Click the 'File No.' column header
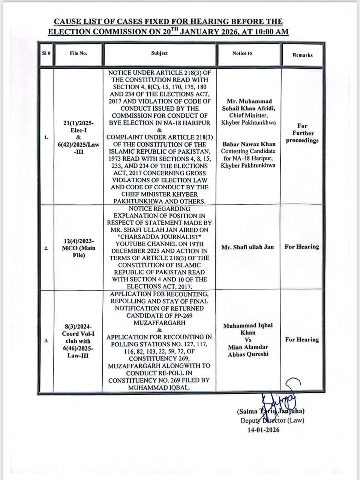pos(78,53)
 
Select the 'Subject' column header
pos(159,53)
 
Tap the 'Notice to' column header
pos(242,53)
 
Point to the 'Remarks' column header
pos(302,55)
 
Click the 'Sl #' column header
pos(46,53)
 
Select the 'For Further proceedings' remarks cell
pos(302,133)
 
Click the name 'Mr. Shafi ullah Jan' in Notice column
pos(247,247)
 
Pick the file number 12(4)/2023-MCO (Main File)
pos(78,248)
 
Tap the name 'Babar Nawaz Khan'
pos(248,144)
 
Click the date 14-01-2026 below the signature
pos(263,430)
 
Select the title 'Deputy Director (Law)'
pos(272,420)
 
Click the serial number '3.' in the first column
pos(46,341)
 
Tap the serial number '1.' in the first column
pos(46,137)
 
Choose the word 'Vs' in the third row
pos(248,340)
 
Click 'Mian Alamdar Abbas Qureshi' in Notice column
pos(248,351)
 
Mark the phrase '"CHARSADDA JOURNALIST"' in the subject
pos(159,237)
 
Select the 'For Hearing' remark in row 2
pos(302,247)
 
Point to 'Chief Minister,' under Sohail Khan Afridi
pos(248,115)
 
